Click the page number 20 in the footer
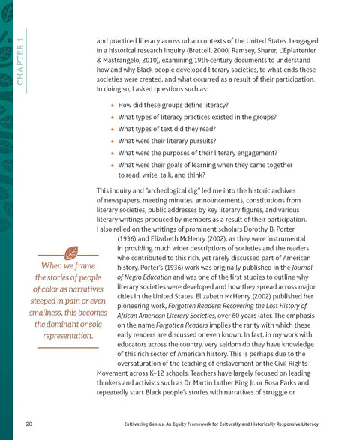(x=28, y=424)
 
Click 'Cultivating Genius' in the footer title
(x=145, y=424)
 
